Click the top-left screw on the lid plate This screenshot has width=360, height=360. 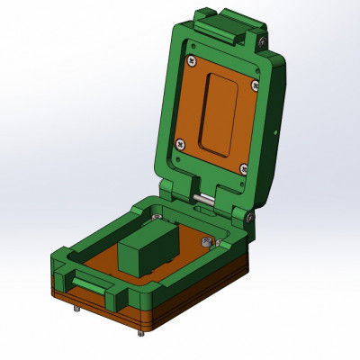[x=192, y=61]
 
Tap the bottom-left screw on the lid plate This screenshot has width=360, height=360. [x=180, y=141]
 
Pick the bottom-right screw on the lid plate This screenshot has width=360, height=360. [x=241, y=167]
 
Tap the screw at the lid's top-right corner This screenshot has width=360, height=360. [x=260, y=41]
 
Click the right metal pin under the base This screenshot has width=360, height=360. [x=140, y=333]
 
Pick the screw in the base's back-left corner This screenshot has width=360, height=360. [x=157, y=215]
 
